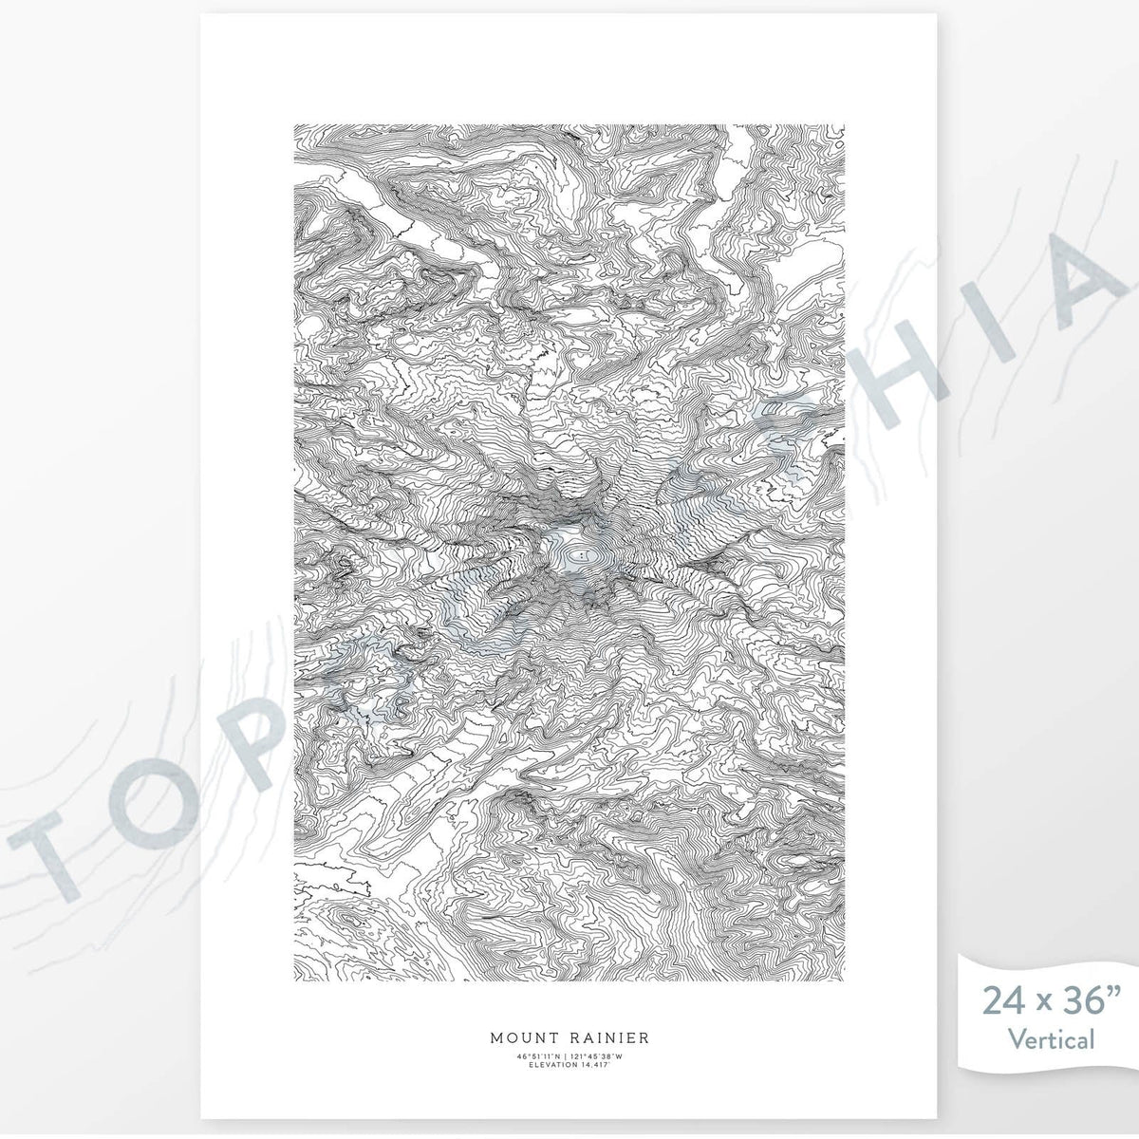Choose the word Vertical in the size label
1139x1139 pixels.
[x=1052, y=1039]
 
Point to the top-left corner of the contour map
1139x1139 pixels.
[x=294, y=125]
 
